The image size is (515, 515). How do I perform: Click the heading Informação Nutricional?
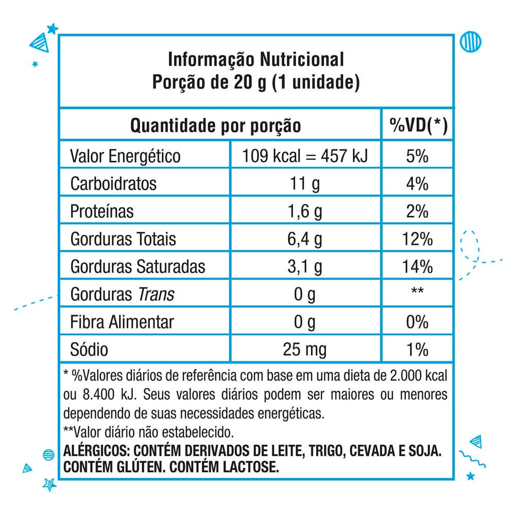256,60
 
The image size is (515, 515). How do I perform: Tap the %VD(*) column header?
418,125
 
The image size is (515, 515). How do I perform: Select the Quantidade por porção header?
215,125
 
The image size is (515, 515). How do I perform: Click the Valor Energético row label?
125,156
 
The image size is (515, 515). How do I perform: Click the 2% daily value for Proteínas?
417,212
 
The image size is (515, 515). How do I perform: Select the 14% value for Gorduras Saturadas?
417,267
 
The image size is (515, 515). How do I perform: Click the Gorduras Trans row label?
122,295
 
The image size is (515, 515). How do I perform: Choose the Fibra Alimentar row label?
122,322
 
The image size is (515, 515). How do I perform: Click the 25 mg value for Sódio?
305,350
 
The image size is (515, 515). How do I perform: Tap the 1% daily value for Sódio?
417,350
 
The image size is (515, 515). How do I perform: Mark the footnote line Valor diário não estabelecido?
149,431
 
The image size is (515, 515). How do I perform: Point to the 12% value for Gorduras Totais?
417,239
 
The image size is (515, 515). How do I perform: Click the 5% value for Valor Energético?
417,156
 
